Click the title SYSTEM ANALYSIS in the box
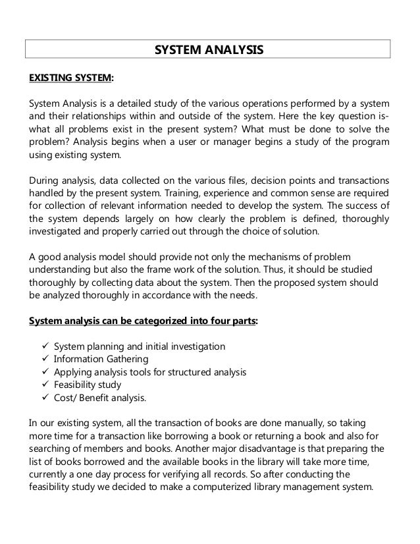coord(209,49)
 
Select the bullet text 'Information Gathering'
coord(101,360)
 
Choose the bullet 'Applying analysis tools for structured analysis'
coord(150,373)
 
